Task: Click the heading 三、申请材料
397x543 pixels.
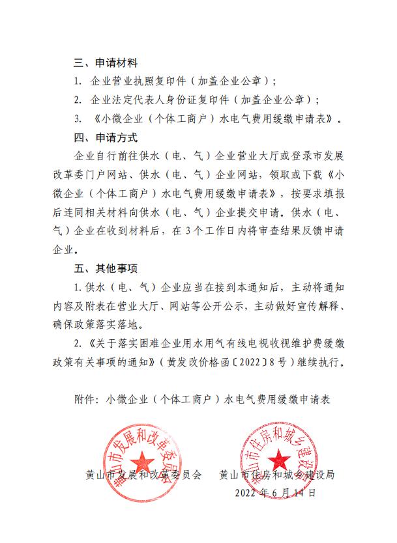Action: click(x=105, y=64)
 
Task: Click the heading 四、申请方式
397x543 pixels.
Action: click(x=105, y=138)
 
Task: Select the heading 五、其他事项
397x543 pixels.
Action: click(x=105, y=268)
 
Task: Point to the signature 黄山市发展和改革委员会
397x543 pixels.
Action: click(x=144, y=475)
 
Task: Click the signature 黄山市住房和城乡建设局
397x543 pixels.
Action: click(x=277, y=475)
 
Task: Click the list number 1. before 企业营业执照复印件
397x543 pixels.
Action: click(x=78, y=82)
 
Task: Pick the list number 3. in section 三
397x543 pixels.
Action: click(x=78, y=119)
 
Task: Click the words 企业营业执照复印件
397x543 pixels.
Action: click(x=138, y=82)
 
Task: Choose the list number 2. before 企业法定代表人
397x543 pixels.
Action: click(x=78, y=101)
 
